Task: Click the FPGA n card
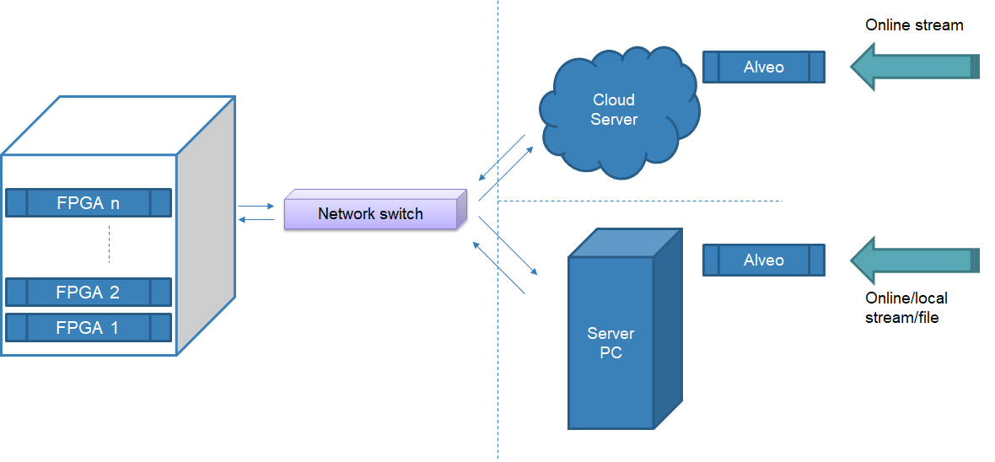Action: pyautogui.click(x=89, y=202)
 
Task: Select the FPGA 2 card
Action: pyautogui.click(x=89, y=293)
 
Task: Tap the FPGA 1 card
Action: pyautogui.click(x=89, y=328)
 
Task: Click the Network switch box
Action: pyautogui.click(x=371, y=213)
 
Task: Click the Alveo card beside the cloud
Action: pyautogui.click(x=763, y=67)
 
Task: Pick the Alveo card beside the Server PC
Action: pyautogui.click(x=763, y=261)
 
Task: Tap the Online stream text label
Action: pyautogui.click(x=914, y=25)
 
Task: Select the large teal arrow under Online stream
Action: pyautogui.click(x=915, y=67)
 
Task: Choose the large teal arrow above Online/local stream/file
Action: pyautogui.click(x=915, y=261)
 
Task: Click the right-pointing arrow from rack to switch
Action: pyautogui.click(x=256, y=206)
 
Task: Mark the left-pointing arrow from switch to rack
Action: pyautogui.click(x=256, y=220)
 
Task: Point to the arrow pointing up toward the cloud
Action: pyautogui.click(x=505, y=174)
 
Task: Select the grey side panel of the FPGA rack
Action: pyautogui.click(x=206, y=228)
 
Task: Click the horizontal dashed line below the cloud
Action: pyautogui.click(x=641, y=201)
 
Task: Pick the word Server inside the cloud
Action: pyautogui.click(x=614, y=119)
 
